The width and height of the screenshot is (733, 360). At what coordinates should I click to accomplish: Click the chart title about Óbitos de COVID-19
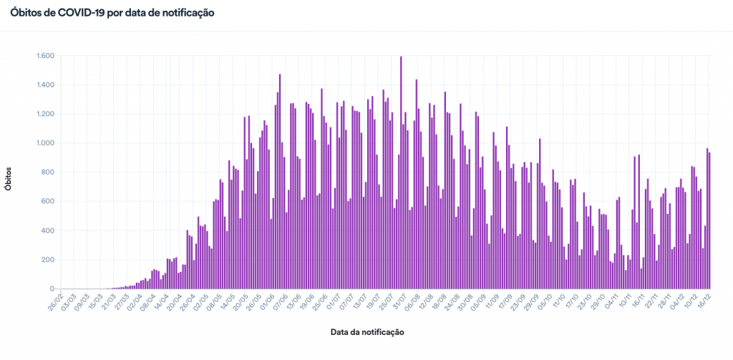coord(112,14)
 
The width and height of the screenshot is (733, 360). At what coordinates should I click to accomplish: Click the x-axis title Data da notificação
coord(367,333)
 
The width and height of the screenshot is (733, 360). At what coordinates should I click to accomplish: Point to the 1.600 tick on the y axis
coord(45,56)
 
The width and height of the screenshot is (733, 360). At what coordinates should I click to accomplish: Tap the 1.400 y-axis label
coord(45,85)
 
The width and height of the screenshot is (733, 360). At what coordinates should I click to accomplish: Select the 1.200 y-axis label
coord(45,115)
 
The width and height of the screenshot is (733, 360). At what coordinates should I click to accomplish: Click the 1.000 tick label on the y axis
coord(45,143)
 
